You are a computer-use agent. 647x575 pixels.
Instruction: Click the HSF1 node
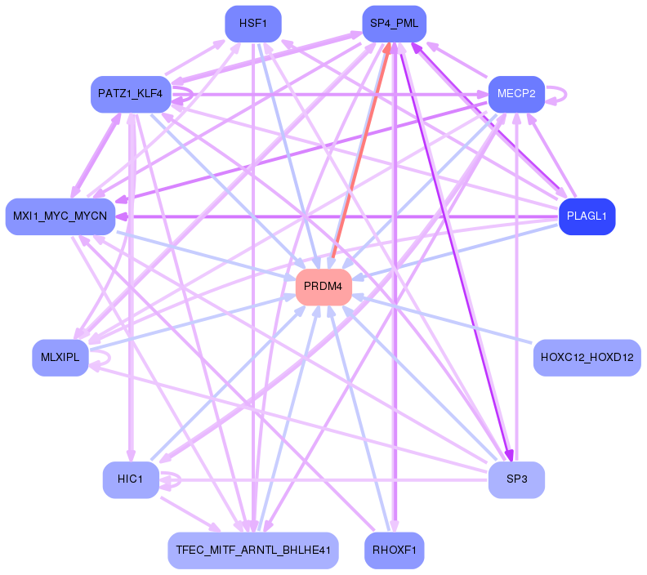253,23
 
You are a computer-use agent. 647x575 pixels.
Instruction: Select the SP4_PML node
394,23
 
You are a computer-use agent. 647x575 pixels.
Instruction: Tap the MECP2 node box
516,94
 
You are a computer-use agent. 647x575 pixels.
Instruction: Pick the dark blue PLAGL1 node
586,216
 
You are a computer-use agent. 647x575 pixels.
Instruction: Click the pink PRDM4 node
323,287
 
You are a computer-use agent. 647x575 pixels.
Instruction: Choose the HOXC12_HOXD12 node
587,358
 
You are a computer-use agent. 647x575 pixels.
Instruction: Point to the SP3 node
515,479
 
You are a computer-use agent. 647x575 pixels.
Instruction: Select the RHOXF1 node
394,550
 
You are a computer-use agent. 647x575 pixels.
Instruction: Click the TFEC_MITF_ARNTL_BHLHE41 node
252,550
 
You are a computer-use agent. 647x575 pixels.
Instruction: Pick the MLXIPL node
60,358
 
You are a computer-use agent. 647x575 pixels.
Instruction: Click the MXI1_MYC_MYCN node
60,216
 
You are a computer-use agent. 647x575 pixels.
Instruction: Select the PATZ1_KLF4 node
130,94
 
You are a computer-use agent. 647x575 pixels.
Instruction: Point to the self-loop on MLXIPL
107,358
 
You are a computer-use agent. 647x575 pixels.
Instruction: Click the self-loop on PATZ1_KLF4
191,94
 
